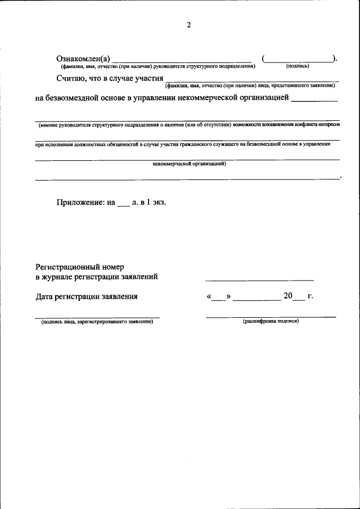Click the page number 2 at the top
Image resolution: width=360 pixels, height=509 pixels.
click(x=189, y=25)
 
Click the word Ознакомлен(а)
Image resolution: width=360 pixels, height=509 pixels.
click(x=83, y=59)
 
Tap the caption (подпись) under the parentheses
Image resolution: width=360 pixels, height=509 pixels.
click(x=298, y=66)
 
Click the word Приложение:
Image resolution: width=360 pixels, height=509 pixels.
click(x=80, y=204)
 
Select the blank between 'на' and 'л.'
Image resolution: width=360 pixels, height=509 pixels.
click(x=124, y=206)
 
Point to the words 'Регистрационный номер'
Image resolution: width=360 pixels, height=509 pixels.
click(x=79, y=266)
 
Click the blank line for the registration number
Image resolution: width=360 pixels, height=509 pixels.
click(x=259, y=278)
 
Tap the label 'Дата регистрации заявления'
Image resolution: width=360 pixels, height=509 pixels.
click(x=86, y=296)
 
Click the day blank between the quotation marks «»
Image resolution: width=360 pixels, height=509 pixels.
click(x=219, y=299)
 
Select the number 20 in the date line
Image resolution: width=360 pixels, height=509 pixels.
click(x=288, y=296)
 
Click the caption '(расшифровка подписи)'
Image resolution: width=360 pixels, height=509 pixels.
click(x=271, y=321)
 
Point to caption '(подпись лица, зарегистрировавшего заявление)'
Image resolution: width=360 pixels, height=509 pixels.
click(x=97, y=322)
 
